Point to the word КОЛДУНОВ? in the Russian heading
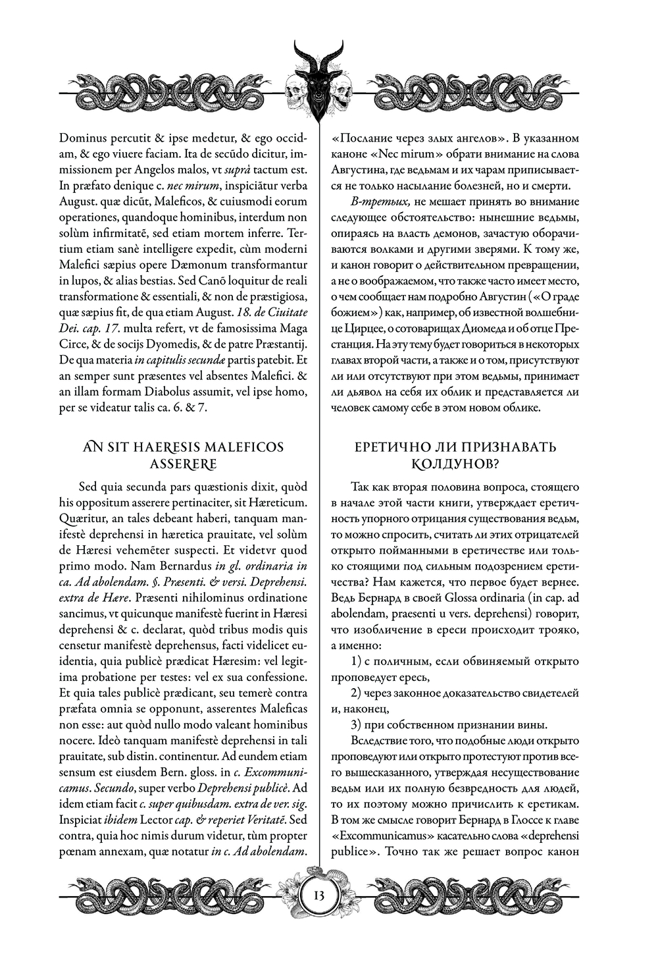(x=455, y=464)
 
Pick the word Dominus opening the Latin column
(x=82, y=139)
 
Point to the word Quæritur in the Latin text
(x=83, y=518)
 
